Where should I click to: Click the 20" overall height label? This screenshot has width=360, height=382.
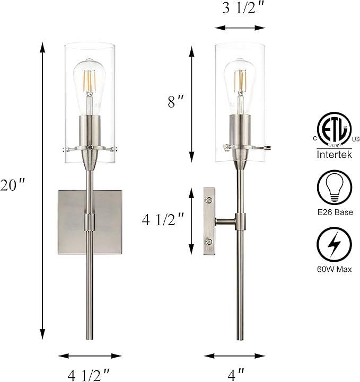tap(13, 186)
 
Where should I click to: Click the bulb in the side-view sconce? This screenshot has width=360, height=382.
tap(241, 82)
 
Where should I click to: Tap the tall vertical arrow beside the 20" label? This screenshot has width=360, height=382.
tap(41, 191)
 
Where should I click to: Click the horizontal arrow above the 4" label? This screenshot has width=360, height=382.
tap(234, 356)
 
